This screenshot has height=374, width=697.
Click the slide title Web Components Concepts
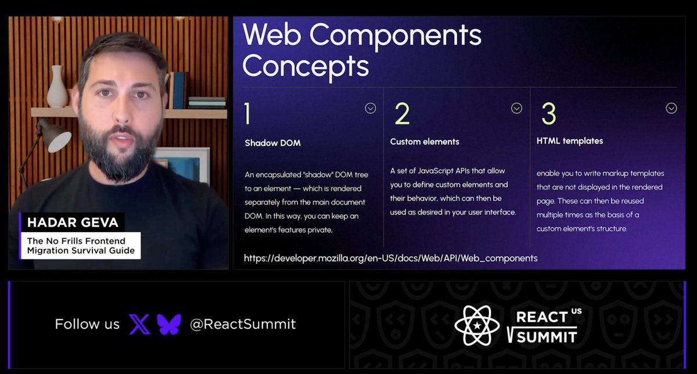361,51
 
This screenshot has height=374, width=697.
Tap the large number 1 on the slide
248,114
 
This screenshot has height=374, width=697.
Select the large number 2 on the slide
402,114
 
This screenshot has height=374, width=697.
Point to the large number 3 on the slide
548,114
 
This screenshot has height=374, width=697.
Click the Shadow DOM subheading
272,143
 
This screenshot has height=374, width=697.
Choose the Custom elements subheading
425,142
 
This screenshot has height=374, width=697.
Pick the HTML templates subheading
570,141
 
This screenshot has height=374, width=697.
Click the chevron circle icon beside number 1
370,108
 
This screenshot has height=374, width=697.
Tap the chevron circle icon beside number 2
516,108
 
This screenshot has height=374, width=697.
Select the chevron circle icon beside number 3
671,108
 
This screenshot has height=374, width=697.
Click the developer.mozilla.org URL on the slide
390,258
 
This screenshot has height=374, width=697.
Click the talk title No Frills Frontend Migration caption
81,246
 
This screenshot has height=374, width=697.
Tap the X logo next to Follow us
139,324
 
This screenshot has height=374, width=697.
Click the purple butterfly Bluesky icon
169,324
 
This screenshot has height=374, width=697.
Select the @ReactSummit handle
243,324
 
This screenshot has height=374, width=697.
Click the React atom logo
477,325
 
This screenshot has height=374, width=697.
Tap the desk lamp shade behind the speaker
58,140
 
